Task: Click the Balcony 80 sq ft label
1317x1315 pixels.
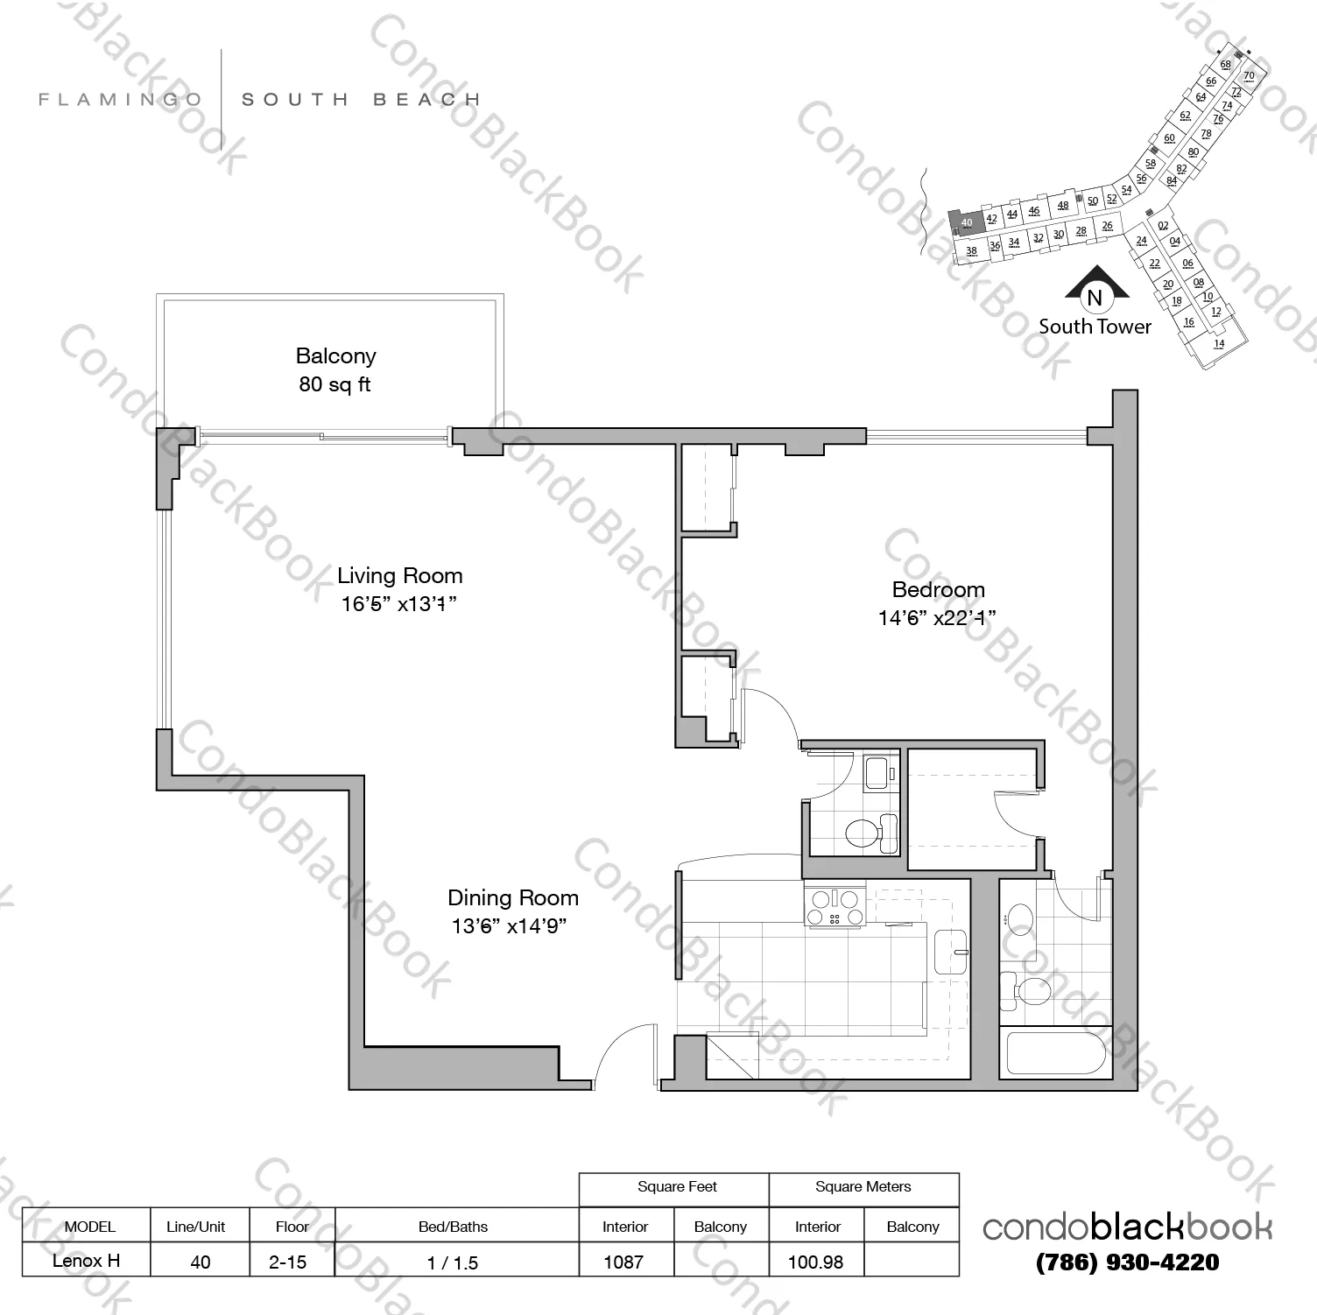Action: [x=335, y=369]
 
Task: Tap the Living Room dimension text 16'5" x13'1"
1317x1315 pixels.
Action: [x=399, y=604]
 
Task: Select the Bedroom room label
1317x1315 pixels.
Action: [x=938, y=589]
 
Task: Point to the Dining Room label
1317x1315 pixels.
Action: [x=512, y=897]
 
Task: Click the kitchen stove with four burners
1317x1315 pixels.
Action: [x=835, y=907]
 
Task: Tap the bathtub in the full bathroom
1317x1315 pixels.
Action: [x=1054, y=1053]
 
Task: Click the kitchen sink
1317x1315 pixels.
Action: [x=951, y=952]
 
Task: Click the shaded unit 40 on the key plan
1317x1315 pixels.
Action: [x=967, y=222]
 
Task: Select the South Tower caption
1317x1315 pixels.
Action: [x=1095, y=327]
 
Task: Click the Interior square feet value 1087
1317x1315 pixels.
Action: [x=623, y=1262]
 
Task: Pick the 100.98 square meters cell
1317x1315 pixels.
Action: [x=815, y=1262]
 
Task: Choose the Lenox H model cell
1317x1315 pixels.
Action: [x=86, y=1261]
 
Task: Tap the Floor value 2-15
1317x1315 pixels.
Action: [x=288, y=1262]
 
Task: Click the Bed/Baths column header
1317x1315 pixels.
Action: [x=453, y=1227]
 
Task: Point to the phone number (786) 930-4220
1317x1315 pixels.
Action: [x=1127, y=1262]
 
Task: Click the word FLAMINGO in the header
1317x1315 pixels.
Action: [x=120, y=100]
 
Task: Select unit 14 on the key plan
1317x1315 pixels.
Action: [x=1219, y=344]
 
